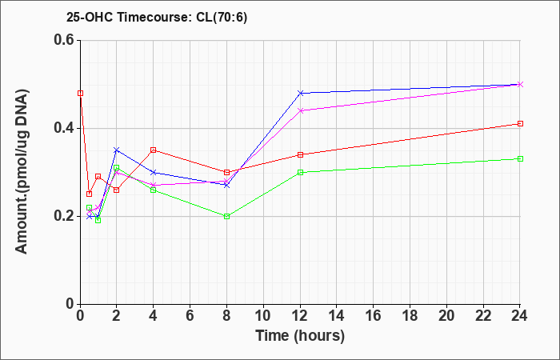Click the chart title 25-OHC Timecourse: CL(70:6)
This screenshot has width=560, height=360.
[x=157, y=18]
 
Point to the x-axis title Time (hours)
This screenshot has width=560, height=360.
[x=300, y=336]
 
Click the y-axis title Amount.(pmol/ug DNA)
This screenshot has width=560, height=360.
[x=22, y=172]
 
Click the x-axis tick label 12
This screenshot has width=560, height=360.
[x=300, y=316]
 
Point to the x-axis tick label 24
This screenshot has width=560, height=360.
[x=519, y=316]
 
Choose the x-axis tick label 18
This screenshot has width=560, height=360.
[x=410, y=316]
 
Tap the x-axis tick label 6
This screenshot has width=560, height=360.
[x=190, y=316]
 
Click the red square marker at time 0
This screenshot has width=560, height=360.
[x=80, y=94]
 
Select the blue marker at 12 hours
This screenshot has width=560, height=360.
[x=300, y=93]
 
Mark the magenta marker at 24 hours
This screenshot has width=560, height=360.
[x=520, y=84]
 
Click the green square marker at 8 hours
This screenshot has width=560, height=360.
[x=226, y=217]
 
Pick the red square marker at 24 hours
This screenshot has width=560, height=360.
[x=520, y=123]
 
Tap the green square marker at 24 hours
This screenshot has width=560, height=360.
[x=520, y=158]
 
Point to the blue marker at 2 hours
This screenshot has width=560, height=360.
[x=117, y=150]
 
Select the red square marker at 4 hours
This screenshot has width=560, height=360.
[x=154, y=150]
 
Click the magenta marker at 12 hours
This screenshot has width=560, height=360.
[x=300, y=110]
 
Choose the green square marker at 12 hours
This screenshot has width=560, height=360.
[x=300, y=172]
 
